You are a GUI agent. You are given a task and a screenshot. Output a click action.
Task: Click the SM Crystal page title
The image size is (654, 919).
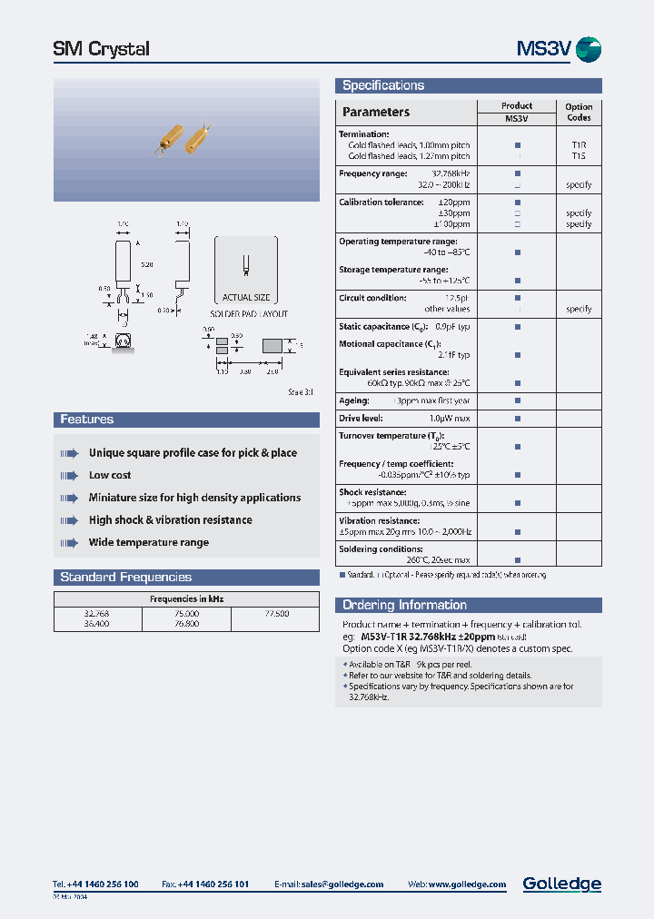coord(102,49)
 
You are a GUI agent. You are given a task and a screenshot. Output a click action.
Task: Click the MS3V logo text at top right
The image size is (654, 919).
coord(543,49)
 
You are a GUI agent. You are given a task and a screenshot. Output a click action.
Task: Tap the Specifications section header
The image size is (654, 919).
coord(382,85)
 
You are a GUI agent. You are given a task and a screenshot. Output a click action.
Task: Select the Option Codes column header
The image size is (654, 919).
coord(579,112)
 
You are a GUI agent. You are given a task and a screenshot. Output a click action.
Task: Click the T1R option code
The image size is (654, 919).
coord(579,144)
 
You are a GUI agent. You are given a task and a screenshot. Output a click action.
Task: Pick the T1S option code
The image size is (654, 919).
coord(579,155)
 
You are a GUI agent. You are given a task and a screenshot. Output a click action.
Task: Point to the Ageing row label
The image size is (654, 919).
coord(353,400)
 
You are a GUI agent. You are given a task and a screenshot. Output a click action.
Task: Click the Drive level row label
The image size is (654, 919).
coord(361,418)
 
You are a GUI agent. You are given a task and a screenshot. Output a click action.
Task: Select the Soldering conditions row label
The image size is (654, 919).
coord(381,548)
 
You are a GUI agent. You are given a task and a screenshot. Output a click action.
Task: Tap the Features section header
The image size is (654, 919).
coord(87,420)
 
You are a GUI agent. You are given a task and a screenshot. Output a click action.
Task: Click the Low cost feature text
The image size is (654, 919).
coord(110,475)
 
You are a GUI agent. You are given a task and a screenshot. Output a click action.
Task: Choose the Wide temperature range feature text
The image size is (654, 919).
coord(149,542)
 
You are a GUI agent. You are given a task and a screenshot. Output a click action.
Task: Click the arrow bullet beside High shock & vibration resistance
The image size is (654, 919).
coord(69,520)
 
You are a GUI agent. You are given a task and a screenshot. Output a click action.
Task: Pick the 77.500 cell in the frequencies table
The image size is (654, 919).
coord(275,614)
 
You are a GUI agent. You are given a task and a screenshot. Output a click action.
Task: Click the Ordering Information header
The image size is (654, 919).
coord(404,605)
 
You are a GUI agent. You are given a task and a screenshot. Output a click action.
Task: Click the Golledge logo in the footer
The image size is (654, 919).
coord(561,884)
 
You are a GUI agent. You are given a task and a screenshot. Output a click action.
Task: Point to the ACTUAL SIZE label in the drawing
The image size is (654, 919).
coord(245,298)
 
